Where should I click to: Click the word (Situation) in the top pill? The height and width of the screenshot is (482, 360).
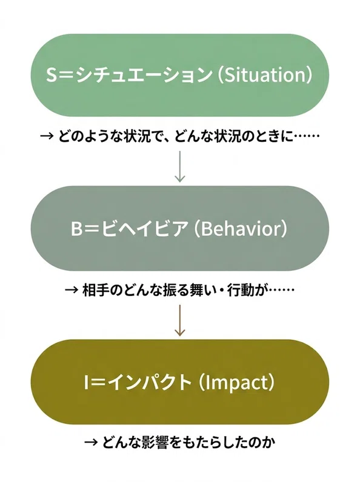265,75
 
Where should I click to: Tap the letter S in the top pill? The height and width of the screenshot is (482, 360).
52,75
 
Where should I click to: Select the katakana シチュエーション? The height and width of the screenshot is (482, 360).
144,75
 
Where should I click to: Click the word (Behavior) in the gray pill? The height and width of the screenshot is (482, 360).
241,229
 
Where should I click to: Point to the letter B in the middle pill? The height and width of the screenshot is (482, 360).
76,229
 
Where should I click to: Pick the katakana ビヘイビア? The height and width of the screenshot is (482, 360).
144,229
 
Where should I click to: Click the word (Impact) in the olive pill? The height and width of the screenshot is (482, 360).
236,383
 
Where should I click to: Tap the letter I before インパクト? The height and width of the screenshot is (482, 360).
87,383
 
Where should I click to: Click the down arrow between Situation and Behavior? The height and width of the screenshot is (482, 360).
179,166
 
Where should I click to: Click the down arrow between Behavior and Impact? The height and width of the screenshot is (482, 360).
179,320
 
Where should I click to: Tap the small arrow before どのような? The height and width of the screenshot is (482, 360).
47,136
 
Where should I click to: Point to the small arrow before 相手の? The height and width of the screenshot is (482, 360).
72,289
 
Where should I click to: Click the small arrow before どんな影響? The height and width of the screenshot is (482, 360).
91,443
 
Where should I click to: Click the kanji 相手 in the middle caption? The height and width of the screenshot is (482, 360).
96,289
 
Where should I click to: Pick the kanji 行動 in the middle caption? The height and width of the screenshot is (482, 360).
239,289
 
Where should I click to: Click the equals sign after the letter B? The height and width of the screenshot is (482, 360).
92,229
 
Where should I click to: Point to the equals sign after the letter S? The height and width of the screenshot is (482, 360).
65,75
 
